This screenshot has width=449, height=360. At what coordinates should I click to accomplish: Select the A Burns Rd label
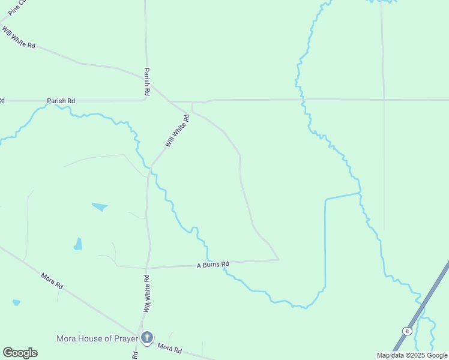[213, 265]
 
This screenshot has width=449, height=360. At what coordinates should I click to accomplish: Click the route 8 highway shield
[408, 331]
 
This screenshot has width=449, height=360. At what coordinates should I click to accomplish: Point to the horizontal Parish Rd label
[61, 100]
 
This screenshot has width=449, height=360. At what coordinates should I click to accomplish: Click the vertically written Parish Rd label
[146, 82]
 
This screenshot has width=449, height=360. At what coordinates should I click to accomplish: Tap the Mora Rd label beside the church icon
[169, 347]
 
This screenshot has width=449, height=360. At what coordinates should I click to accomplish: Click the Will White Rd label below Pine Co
[17, 37]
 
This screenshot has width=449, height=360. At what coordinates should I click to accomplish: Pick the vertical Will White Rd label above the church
[146, 293]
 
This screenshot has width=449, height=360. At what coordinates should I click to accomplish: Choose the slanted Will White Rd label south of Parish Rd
[178, 131]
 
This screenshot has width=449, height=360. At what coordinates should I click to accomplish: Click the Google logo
[20, 353]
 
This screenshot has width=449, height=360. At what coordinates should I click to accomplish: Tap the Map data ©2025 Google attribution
[412, 355]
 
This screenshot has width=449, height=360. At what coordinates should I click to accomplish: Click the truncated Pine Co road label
[16, 7]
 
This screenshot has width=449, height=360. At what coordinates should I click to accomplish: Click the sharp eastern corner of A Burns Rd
[279, 260]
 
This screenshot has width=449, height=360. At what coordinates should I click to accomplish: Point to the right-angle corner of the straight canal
[325, 199]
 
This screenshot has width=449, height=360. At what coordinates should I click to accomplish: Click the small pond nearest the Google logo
[16, 302]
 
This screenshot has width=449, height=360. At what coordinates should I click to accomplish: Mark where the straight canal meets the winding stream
[360, 193]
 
